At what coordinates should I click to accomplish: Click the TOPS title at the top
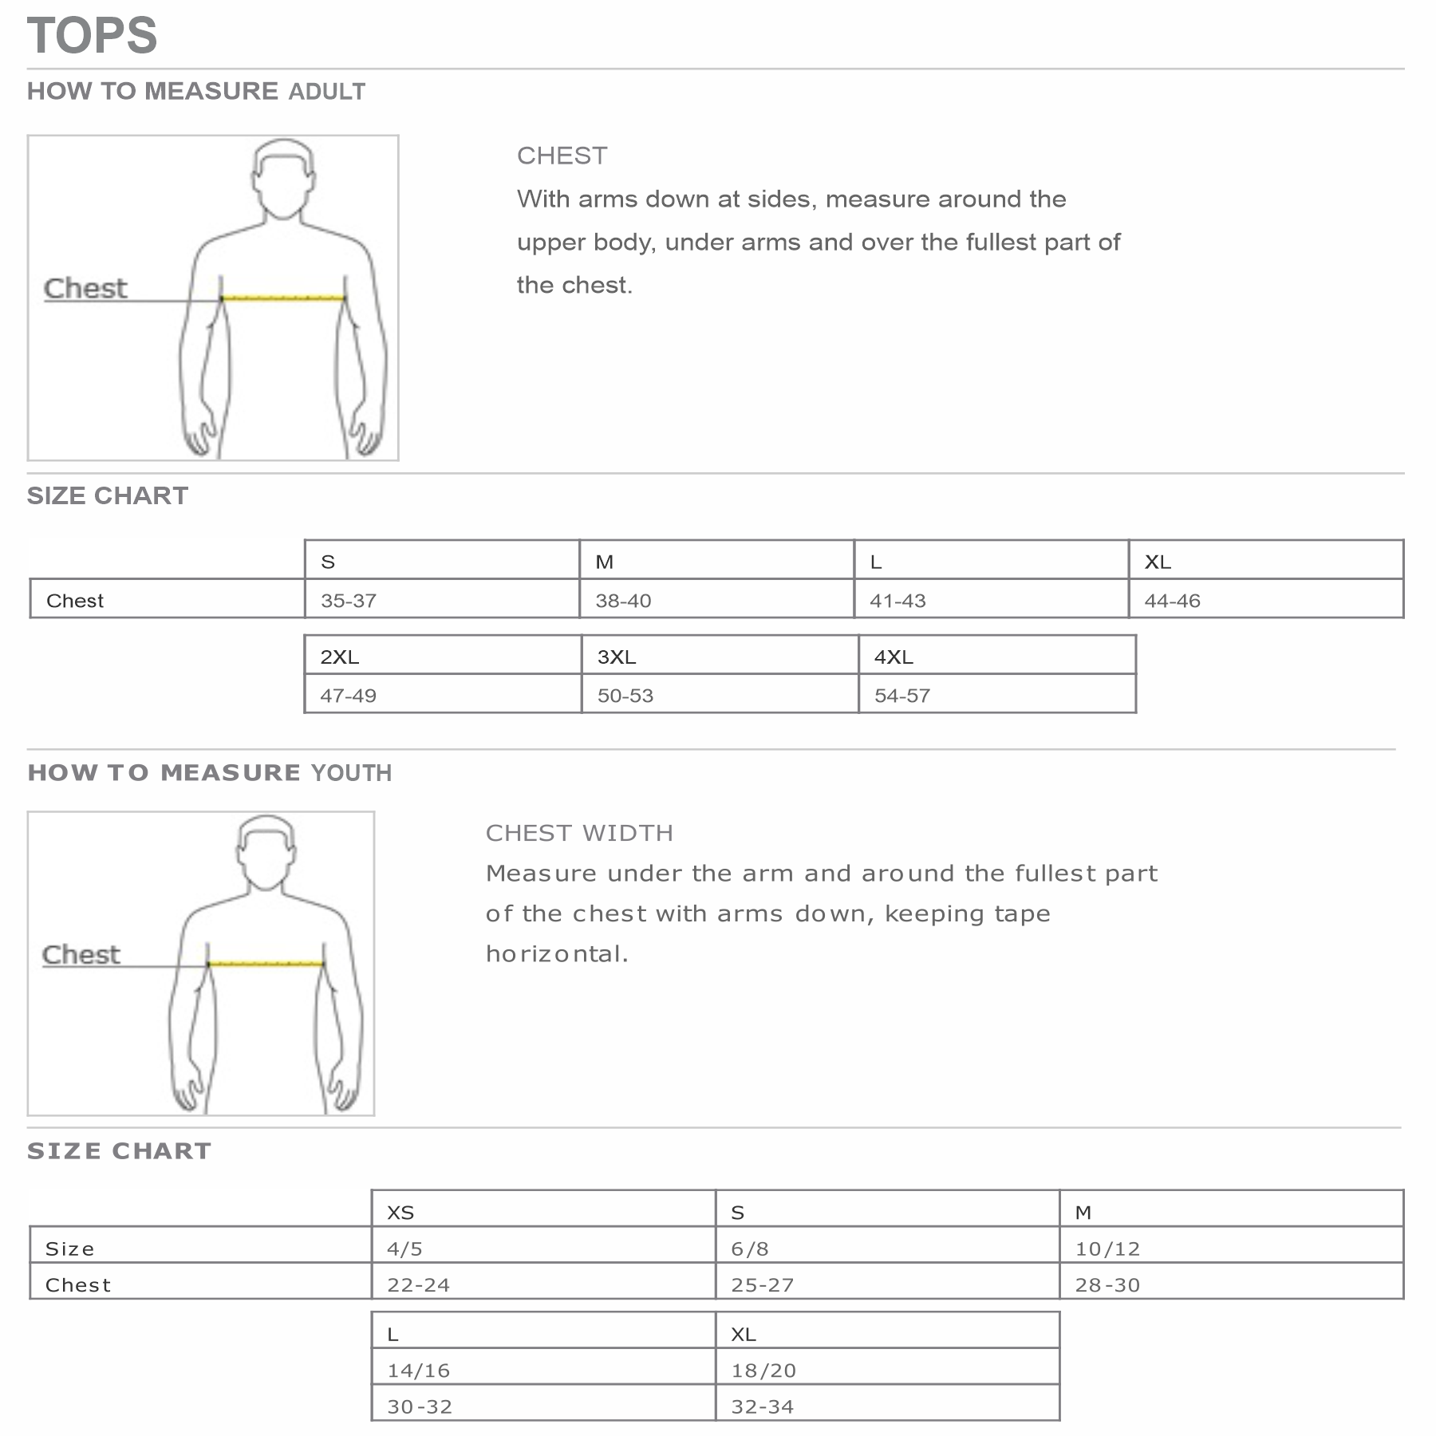tap(93, 36)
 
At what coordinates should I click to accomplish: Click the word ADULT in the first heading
tap(326, 92)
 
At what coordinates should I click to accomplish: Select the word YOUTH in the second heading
tap(351, 773)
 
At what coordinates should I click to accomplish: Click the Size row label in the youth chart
tap(70, 1249)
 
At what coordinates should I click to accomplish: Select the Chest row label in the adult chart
tap(75, 601)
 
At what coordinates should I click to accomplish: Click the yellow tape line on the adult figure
tap(283, 298)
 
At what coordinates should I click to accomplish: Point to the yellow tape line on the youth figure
tap(266, 964)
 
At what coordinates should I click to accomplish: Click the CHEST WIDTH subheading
tap(579, 833)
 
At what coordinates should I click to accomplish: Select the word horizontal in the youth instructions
tap(557, 953)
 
